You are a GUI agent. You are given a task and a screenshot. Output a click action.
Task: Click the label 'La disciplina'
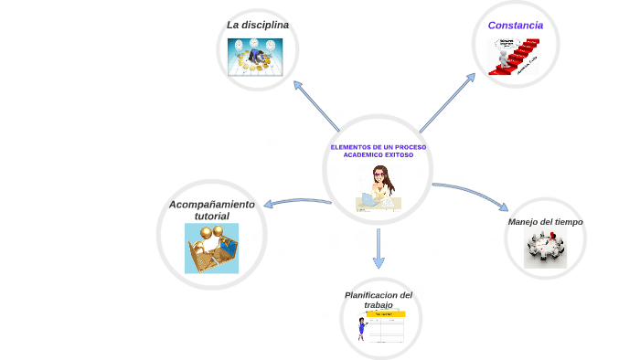[x=258, y=25]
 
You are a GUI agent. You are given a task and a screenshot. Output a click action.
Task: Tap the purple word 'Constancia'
[x=516, y=26]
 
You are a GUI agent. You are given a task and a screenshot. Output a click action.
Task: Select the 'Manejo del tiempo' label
[x=545, y=222]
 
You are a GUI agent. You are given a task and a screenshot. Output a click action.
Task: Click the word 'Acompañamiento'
[x=212, y=205]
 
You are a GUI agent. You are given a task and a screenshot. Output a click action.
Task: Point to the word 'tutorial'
[x=211, y=217]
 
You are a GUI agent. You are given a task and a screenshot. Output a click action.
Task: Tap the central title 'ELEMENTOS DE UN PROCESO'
[x=378, y=147]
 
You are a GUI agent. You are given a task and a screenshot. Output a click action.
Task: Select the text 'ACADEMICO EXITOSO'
[x=378, y=155]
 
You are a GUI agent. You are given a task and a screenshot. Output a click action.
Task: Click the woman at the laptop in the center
[x=379, y=189]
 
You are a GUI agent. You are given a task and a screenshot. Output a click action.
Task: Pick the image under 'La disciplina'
[x=255, y=57]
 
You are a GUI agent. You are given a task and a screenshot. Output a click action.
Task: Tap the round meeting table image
[x=546, y=249]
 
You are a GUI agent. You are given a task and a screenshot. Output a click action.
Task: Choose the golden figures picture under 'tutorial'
[x=211, y=248]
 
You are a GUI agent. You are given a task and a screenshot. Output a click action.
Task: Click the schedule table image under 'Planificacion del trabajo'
[x=385, y=327]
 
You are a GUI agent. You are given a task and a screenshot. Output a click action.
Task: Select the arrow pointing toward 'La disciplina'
[x=315, y=105]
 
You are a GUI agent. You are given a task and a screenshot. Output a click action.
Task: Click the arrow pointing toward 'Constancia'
[x=448, y=102]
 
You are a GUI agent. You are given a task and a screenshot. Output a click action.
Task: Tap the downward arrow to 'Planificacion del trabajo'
[x=379, y=249]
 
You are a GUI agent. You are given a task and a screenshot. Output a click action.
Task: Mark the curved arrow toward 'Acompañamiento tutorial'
[x=297, y=201]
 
